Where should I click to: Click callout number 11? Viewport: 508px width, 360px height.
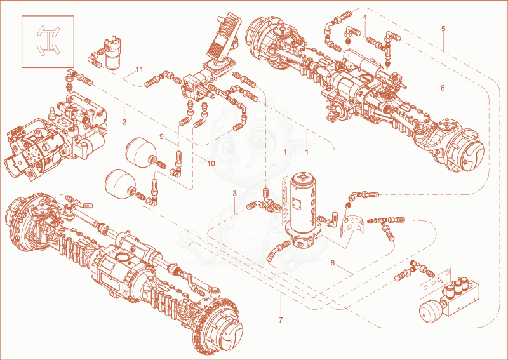[139, 69]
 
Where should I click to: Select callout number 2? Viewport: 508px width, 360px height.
[124, 122]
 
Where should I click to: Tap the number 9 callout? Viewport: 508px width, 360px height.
[161, 137]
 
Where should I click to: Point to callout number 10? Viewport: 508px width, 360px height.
[211, 164]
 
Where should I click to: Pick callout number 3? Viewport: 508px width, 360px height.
[234, 194]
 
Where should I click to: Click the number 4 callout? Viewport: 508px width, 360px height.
[365, 17]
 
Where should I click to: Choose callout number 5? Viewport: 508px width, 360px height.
[443, 29]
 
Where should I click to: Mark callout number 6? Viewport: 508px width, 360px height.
[443, 88]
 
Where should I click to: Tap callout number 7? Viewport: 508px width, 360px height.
[281, 320]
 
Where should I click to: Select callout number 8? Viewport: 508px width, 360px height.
[332, 263]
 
